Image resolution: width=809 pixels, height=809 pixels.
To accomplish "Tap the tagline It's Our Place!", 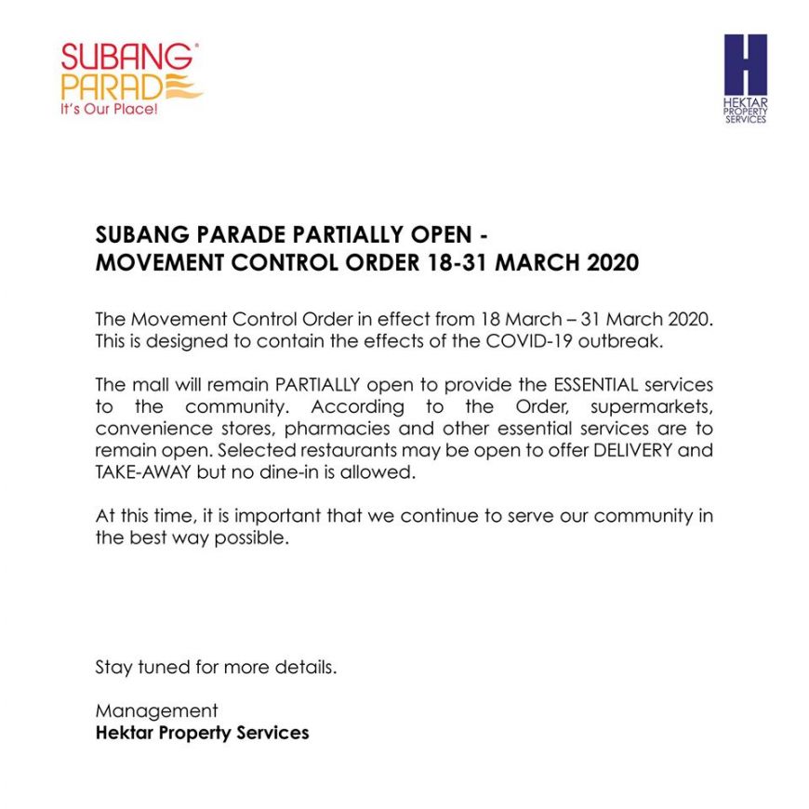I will tap(109, 110).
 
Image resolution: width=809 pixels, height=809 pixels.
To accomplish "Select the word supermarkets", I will tap(658, 406).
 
